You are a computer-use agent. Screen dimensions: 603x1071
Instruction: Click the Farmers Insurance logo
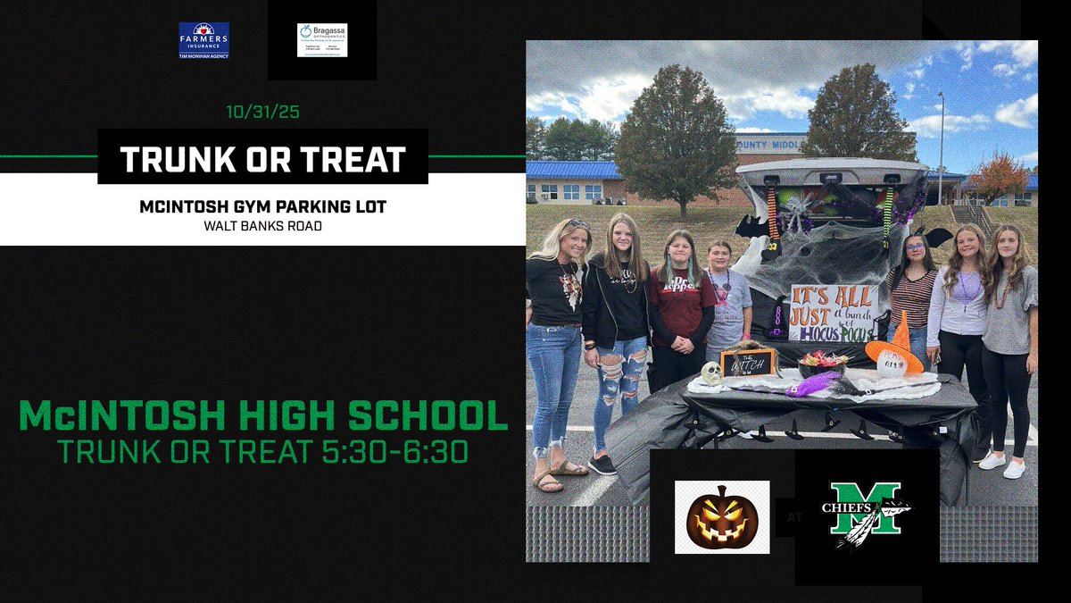pyautogui.click(x=203, y=40)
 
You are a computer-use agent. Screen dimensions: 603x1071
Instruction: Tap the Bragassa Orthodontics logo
pyautogui.click(x=322, y=40)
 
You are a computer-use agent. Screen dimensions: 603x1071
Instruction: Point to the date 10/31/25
pyautogui.click(x=262, y=114)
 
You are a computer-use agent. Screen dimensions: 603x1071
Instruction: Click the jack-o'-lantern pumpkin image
pyautogui.click(x=721, y=517)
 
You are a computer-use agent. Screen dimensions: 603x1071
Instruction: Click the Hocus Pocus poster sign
pyautogui.click(x=833, y=314)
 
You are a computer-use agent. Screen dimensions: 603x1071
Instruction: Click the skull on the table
pyautogui.click(x=711, y=373)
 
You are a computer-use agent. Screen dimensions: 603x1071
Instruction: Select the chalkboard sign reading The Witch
pyautogui.click(x=748, y=362)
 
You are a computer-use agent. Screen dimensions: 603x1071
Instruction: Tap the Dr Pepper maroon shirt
pyautogui.click(x=681, y=304)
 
